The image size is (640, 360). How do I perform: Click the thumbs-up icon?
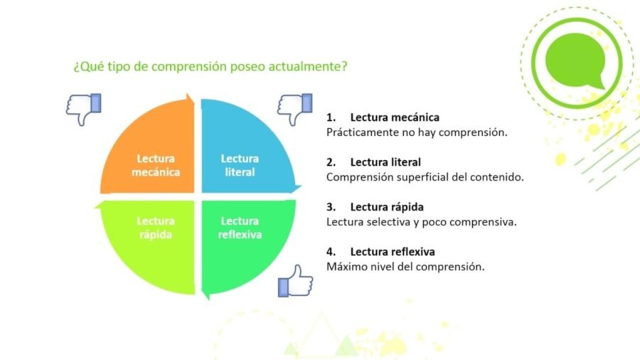click(294, 280)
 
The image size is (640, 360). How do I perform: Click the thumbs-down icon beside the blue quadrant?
click(294, 109)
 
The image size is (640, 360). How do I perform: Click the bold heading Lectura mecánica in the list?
click(395, 117)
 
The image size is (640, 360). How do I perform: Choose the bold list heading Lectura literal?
click(385, 162)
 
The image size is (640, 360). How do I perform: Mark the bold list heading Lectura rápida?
click(387, 207)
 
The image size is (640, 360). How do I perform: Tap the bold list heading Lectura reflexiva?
click(393, 252)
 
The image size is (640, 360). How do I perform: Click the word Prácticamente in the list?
click(361, 132)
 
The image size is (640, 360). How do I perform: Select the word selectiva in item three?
click(390, 222)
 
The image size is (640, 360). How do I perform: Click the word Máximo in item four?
click(345, 267)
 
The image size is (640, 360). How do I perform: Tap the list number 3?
click(331, 207)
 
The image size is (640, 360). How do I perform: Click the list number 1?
click(331, 117)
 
